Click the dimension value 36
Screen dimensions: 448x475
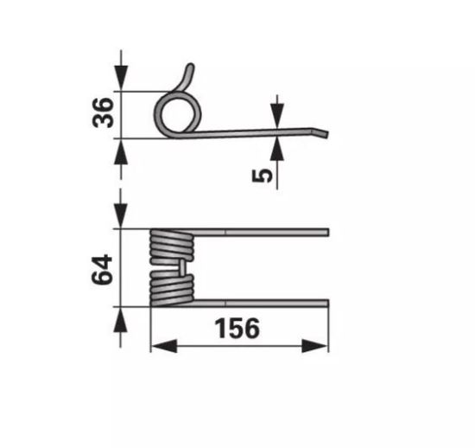(x=104, y=113)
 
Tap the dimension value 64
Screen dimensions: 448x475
(x=104, y=271)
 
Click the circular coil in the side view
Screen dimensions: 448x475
(x=179, y=113)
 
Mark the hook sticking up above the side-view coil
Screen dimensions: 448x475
(x=187, y=76)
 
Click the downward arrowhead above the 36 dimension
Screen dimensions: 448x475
(x=121, y=83)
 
